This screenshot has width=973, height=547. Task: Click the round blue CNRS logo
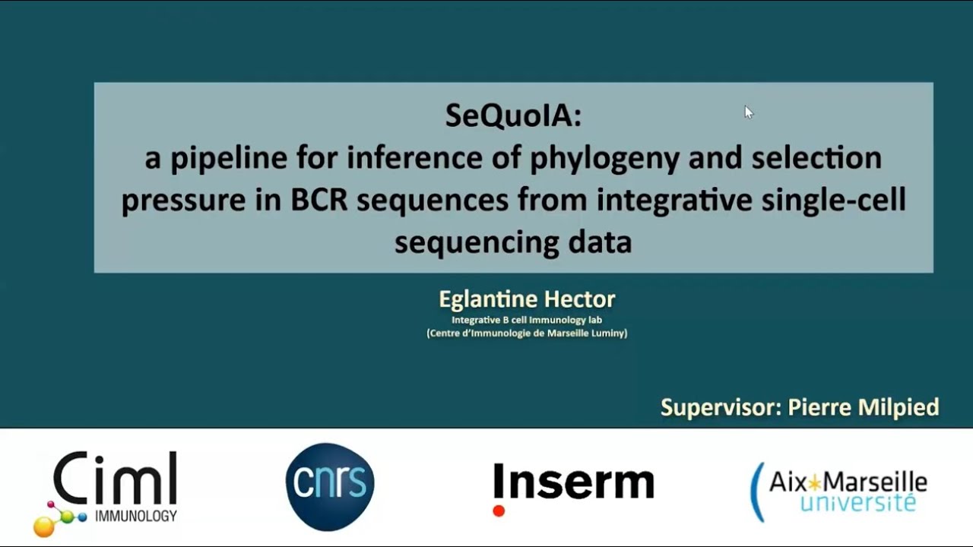(x=330, y=486)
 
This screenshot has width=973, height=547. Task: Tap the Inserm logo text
(x=573, y=482)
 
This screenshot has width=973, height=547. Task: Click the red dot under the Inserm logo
(x=499, y=511)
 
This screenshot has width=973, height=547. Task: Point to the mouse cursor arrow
(x=748, y=112)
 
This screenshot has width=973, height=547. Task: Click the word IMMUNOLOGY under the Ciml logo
(x=136, y=517)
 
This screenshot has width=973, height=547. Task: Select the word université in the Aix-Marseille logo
(x=858, y=502)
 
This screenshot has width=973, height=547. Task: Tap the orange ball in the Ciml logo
(x=44, y=525)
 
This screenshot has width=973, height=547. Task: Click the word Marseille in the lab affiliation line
(x=569, y=333)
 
